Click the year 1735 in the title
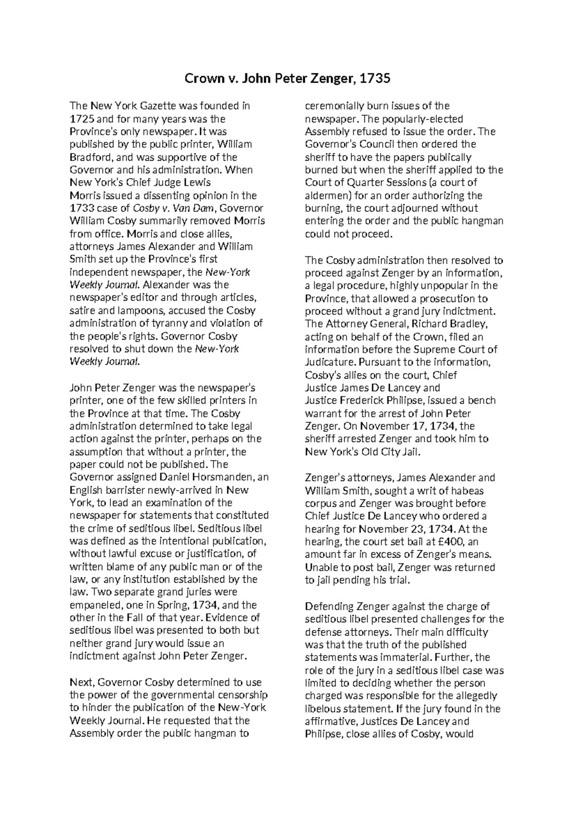click(375, 78)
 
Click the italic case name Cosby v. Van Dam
click(174, 209)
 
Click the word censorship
click(240, 695)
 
